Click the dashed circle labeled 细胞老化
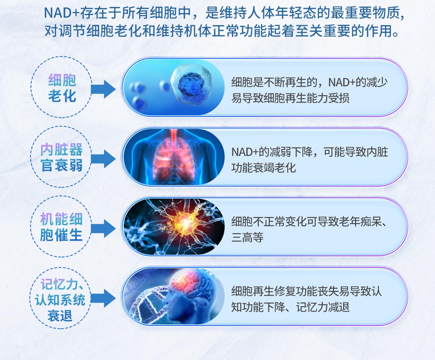31,87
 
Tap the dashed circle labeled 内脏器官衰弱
31,157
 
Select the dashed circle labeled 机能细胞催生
31,227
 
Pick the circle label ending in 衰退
30,298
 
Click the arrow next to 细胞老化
103,89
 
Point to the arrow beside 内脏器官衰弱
103,159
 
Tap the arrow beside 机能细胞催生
103,229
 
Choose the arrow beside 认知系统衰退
103,298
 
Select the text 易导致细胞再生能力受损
290,98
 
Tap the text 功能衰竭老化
264,168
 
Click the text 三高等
247,238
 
